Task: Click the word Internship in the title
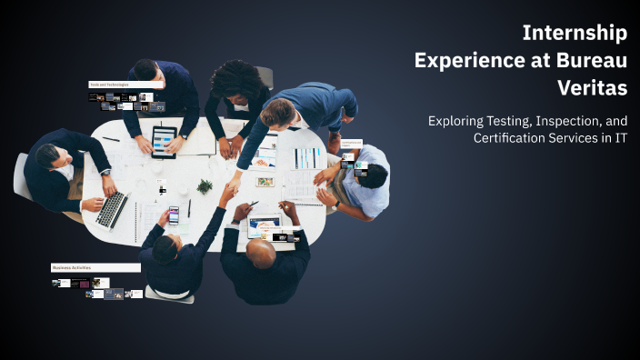(574, 34)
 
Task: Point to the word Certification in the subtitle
(511, 138)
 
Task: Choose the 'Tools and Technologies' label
(109, 85)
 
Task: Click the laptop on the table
(113, 209)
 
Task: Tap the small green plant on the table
(205, 186)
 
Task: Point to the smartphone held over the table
(174, 215)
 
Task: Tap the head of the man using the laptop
(49, 155)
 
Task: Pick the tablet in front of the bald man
(265, 225)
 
